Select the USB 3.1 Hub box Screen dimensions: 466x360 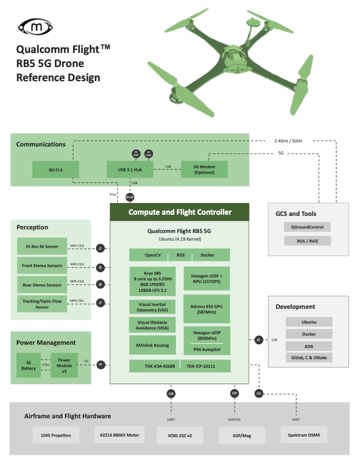130,170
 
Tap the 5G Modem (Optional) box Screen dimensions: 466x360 204,170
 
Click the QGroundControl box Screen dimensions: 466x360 307,227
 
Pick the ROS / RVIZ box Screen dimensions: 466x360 307,241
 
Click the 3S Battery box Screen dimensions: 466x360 28,365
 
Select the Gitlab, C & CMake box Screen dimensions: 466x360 309,357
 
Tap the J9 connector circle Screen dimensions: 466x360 259,339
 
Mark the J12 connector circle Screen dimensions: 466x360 259,393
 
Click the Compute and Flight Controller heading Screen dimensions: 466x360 180,212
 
